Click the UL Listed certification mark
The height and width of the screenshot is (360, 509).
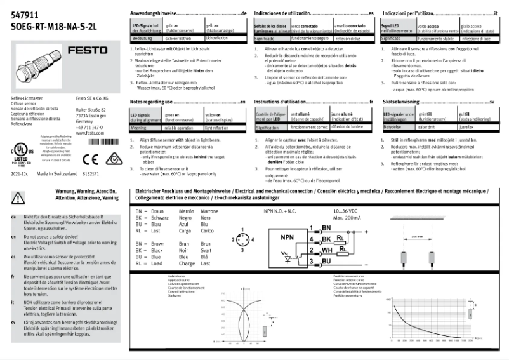click(22, 152)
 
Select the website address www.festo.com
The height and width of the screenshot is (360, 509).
click(89, 133)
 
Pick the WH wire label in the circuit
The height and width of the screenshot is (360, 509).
click(326, 250)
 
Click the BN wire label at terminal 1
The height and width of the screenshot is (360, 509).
click(326, 227)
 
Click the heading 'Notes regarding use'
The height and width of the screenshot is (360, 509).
click(156, 102)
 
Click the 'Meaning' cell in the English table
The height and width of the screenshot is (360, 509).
click(140, 128)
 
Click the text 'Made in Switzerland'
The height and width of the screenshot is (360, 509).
click(56, 173)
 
